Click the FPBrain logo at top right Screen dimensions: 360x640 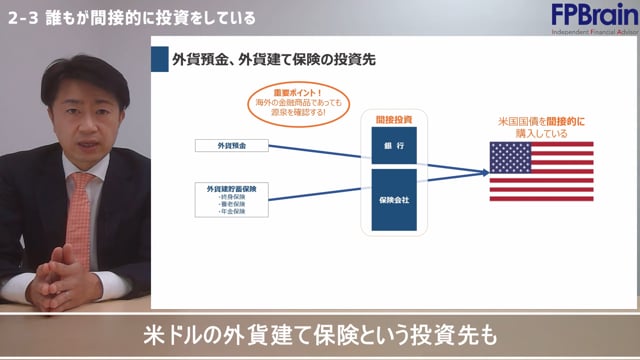591,17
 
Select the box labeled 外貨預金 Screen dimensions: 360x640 231,147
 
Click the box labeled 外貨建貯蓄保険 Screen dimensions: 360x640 231,188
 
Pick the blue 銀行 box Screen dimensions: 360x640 393,147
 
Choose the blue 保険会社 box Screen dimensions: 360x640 393,200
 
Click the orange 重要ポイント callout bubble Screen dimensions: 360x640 299,101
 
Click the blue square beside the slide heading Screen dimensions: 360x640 159,58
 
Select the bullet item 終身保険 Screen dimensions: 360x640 231,197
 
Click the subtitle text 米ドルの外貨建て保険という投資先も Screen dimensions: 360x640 320,334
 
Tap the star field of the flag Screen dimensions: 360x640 510,156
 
